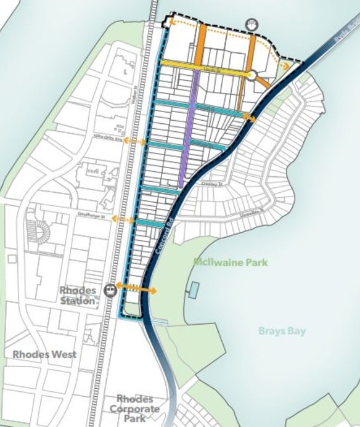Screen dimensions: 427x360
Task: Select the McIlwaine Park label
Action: click(x=231, y=262)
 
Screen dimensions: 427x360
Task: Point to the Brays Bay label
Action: click(x=282, y=331)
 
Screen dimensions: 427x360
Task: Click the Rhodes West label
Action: click(x=44, y=354)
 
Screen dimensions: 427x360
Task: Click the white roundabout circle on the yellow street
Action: click(x=252, y=75)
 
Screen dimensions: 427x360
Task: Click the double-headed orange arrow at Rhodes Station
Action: click(x=137, y=288)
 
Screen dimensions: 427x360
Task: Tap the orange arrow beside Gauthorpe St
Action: click(x=125, y=219)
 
